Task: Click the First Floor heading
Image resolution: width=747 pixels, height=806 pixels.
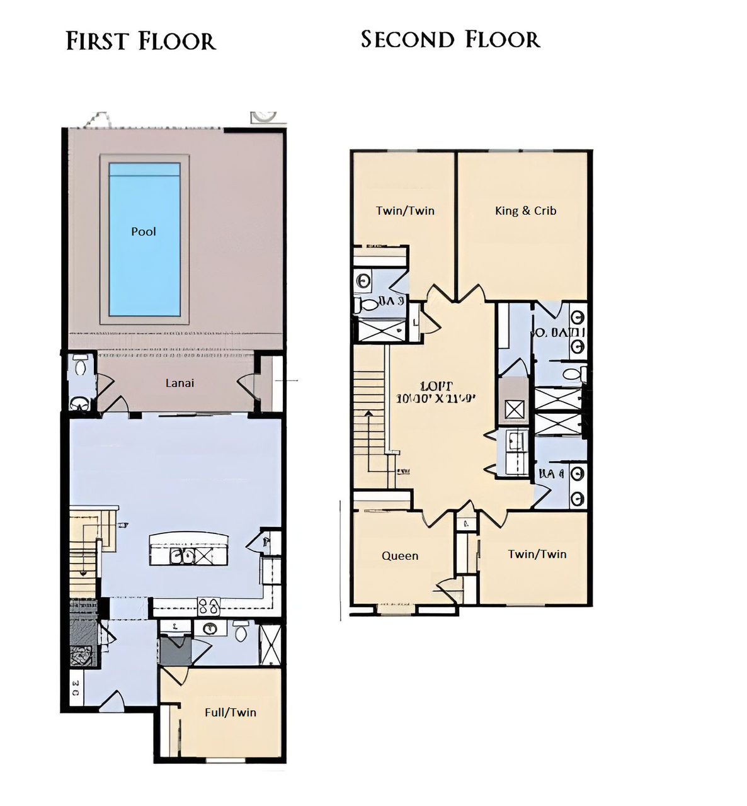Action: coord(140,42)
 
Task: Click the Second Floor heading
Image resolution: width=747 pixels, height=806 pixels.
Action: coord(450,40)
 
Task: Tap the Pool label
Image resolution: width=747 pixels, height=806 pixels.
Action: coord(144,232)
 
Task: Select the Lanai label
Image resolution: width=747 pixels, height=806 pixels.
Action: coord(180,383)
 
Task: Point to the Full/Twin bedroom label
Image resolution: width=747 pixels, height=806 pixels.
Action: coord(230,712)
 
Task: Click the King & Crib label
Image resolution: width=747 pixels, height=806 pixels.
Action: coord(525,211)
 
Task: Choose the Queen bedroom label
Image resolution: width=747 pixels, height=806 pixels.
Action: coord(399,555)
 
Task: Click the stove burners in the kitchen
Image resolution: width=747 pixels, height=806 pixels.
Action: coord(208,607)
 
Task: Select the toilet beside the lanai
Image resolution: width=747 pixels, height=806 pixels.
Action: coord(79,366)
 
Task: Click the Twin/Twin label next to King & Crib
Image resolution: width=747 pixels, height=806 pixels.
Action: coord(405,211)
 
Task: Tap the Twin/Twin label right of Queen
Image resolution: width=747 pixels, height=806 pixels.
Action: coord(537,554)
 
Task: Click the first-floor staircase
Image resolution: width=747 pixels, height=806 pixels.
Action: coord(84,554)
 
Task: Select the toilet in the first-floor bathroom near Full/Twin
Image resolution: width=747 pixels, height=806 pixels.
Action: coord(240,631)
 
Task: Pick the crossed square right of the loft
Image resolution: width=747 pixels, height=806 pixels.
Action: coord(515,409)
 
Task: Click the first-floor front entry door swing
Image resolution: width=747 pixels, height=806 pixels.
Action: coord(113,700)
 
